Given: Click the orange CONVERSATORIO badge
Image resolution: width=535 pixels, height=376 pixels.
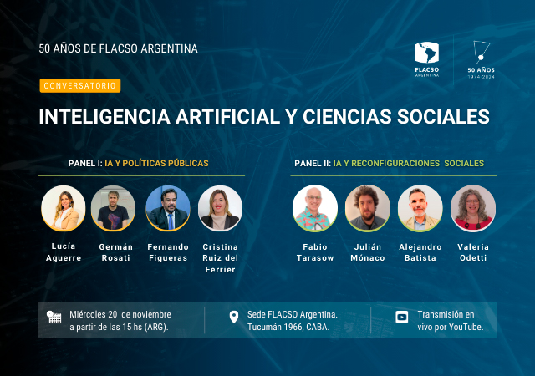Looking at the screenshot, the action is click(x=80, y=85).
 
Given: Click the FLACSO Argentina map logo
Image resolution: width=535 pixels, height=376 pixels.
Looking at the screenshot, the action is click(x=427, y=59).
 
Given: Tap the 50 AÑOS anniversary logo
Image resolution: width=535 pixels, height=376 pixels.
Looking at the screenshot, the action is click(x=481, y=59).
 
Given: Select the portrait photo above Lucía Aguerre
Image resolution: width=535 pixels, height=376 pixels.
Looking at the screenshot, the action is click(x=64, y=209).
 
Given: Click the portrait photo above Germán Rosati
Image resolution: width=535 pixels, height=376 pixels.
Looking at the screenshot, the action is click(x=114, y=209).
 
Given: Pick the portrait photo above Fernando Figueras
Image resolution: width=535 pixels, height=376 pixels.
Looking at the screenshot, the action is click(x=168, y=209).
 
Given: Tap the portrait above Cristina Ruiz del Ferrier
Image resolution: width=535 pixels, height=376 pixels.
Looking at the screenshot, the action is click(x=221, y=209).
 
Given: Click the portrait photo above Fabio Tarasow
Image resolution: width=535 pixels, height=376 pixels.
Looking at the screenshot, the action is click(x=315, y=209).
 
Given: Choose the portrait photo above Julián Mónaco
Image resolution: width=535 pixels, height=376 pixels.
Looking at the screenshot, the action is click(x=368, y=209).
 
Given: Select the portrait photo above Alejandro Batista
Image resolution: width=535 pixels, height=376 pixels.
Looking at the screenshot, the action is click(x=420, y=209).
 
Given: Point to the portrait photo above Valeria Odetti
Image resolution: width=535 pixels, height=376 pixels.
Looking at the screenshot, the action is click(x=473, y=209).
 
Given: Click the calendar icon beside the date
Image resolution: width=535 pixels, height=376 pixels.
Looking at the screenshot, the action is click(x=53, y=318).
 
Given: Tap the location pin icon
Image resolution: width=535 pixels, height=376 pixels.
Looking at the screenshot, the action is click(x=234, y=318).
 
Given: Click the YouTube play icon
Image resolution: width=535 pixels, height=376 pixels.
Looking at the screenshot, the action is click(x=402, y=317).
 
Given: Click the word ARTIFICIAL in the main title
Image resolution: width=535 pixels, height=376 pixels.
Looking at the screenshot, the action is click(x=228, y=117).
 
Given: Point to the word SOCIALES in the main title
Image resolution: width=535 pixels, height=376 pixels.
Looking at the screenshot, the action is click(x=443, y=117).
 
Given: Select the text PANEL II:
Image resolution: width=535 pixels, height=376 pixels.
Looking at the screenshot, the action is click(x=313, y=164).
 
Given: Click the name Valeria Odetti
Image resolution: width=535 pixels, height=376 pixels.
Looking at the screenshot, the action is click(x=473, y=252).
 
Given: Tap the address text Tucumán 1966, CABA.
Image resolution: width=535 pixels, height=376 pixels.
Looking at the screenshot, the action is click(x=288, y=327).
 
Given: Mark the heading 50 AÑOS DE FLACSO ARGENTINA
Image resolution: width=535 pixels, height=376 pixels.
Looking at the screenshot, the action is click(x=119, y=48).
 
